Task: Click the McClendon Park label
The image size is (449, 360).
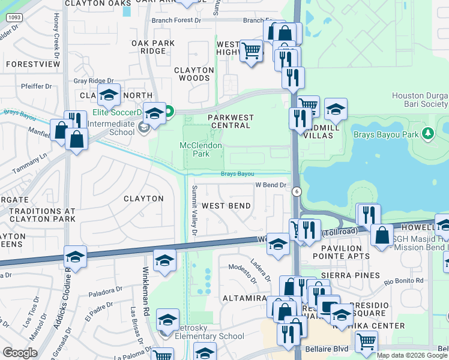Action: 201,149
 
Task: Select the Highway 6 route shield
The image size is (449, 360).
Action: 297,191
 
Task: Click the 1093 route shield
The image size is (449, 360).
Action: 14,19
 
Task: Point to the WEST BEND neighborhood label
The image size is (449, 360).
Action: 226,206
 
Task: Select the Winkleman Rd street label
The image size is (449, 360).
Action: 145,292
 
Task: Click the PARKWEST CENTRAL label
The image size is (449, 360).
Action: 231,121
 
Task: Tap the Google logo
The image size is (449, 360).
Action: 20,353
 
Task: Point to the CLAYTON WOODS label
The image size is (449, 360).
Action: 194,74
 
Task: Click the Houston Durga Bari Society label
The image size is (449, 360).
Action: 420,100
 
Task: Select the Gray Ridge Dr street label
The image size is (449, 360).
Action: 93,81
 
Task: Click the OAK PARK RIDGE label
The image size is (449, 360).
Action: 153,47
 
